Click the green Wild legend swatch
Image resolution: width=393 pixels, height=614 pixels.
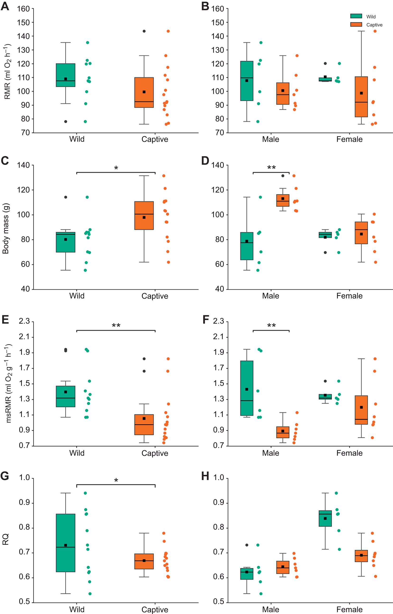[x=356, y=16]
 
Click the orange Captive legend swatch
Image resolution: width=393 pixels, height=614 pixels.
[x=356, y=24]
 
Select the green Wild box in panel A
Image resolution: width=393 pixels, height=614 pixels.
[x=65, y=75]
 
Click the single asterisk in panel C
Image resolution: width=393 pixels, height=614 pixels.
[x=116, y=168]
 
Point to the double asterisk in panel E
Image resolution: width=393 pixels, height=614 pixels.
[x=116, y=326]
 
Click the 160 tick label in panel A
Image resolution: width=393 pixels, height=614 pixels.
[x=23, y=9]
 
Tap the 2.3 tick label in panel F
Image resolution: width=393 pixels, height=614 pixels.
[x=218, y=321]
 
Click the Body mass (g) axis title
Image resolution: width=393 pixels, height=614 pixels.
[x=5, y=228]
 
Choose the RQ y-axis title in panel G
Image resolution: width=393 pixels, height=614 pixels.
[x=5, y=539]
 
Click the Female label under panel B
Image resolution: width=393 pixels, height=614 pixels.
[x=349, y=139]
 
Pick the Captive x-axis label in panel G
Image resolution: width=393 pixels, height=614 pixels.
[x=155, y=610]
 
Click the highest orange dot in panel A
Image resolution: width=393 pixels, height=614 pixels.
[x=168, y=31]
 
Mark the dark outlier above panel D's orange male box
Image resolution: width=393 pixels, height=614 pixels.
[x=283, y=176]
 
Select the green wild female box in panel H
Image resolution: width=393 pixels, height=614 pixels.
[x=325, y=518]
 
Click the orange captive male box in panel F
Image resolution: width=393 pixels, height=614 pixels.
[x=283, y=432]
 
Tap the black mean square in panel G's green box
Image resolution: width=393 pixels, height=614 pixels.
[x=65, y=545]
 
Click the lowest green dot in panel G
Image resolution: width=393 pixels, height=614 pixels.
[x=90, y=594]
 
